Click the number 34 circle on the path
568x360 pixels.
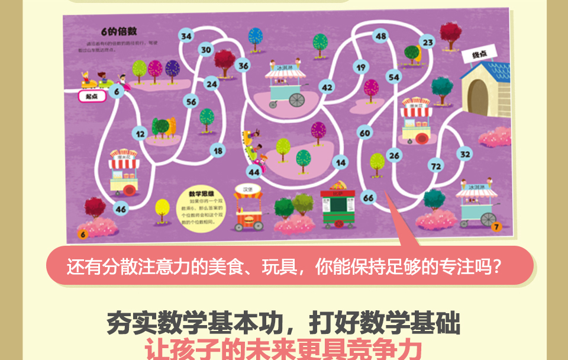[187, 36]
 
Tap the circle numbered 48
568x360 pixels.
[381, 36]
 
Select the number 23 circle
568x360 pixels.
[428, 42]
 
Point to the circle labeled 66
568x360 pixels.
[369, 198]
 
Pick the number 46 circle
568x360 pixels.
[121, 208]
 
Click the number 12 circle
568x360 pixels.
[140, 134]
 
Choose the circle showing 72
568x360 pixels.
[436, 166]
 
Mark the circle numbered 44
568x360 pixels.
[254, 172]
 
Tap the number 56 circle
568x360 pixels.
[191, 102]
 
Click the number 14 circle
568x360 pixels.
[341, 162]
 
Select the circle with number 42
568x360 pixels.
[327, 87]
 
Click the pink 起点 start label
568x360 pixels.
[92, 95]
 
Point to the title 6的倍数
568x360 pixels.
[114, 31]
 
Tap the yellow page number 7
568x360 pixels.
[496, 226]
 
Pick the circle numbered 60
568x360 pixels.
[365, 133]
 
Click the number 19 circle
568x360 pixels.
[361, 67]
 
